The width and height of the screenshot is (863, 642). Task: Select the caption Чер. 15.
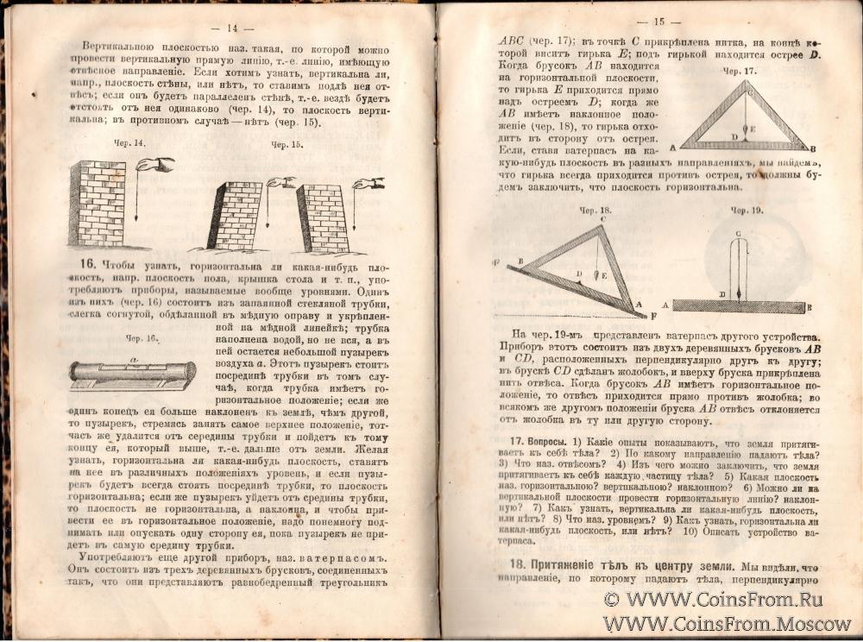(287, 145)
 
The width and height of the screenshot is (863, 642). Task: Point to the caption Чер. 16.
(140, 338)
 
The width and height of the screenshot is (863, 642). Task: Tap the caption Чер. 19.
(746, 210)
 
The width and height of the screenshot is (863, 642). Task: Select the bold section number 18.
(509, 566)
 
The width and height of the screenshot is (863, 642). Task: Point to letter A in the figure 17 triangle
(671, 149)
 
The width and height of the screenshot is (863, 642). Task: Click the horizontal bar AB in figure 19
(740, 305)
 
